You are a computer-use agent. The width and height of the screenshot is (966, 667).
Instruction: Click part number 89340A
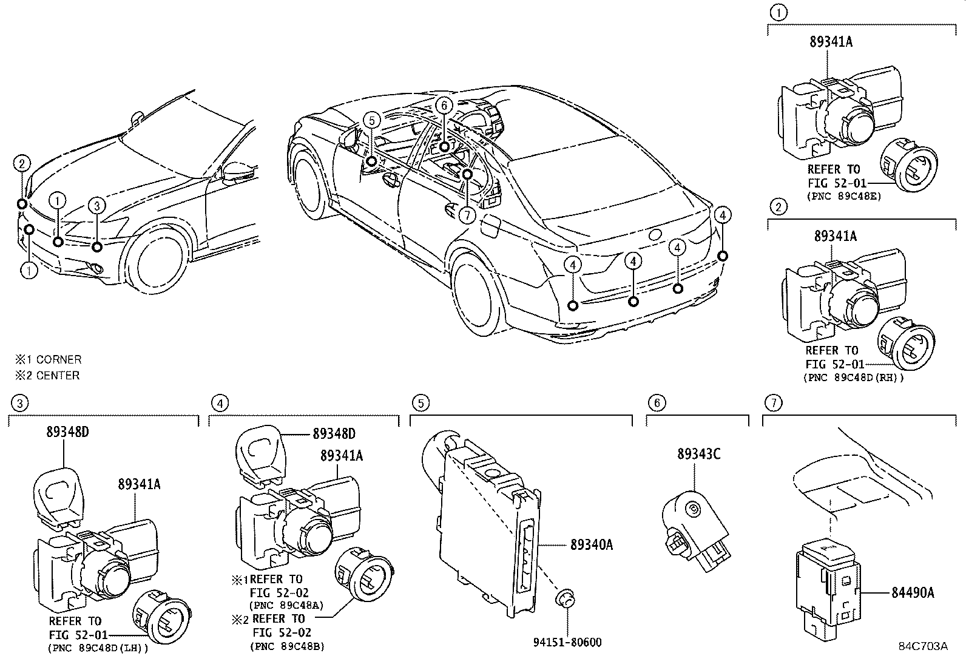[x=591, y=545]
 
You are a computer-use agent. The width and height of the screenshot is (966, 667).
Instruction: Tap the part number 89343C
[x=698, y=453]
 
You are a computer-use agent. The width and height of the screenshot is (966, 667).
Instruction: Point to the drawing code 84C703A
[x=923, y=646]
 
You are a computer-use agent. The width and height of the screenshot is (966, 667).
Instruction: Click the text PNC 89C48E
[x=843, y=197]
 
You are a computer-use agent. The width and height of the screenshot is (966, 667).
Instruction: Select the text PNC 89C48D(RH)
[x=853, y=378]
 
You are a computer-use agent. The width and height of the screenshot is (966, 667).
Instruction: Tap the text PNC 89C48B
[x=287, y=647]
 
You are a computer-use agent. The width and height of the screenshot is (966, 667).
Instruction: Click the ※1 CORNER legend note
[x=48, y=359]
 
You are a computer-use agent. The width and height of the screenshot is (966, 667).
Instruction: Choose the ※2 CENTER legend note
[x=47, y=375]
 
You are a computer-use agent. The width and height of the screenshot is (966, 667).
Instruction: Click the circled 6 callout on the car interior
[x=444, y=105]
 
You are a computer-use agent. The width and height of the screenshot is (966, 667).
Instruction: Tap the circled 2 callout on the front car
[x=22, y=163]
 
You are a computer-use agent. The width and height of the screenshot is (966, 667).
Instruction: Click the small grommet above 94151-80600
[x=565, y=598]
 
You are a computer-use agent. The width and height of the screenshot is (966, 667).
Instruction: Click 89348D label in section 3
[x=67, y=432]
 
